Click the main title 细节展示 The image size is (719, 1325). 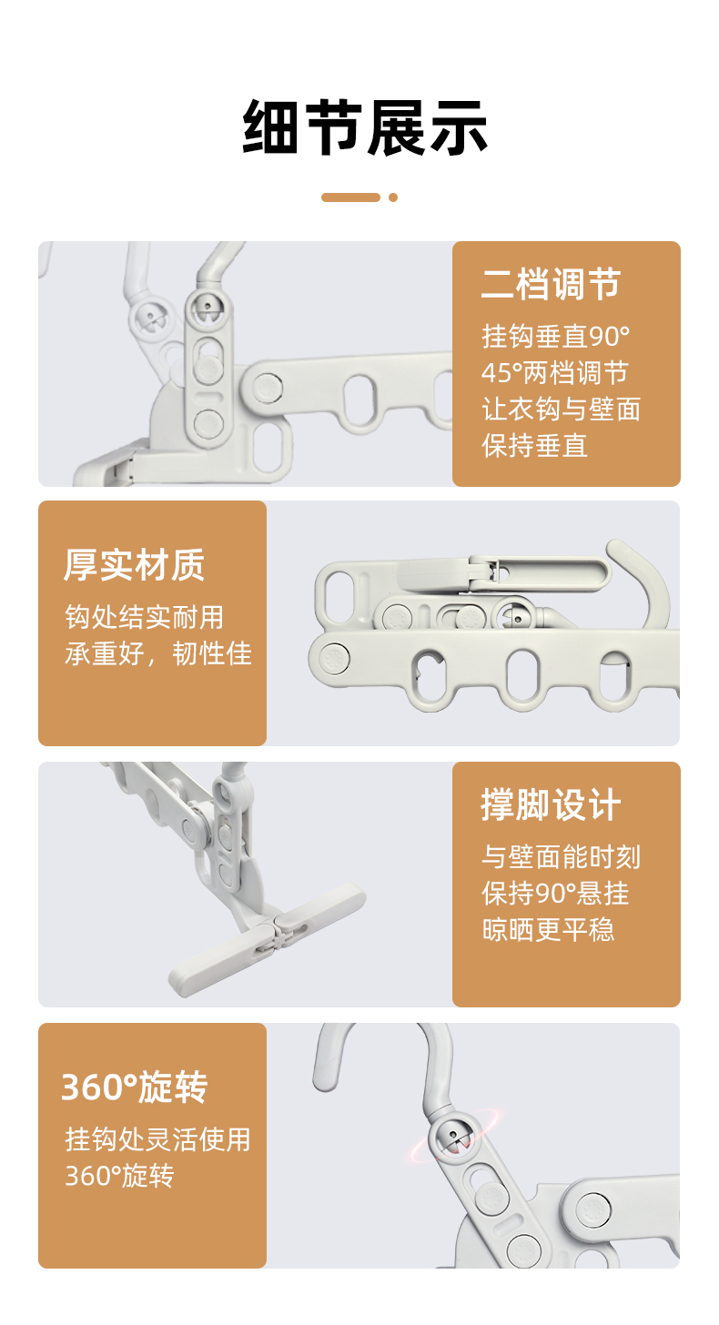(365, 127)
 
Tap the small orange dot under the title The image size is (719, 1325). (393, 197)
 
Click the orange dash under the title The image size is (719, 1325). (350, 197)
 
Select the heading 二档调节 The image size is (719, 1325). (551, 285)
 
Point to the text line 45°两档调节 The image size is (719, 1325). (554, 373)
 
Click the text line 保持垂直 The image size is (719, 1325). (534, 445)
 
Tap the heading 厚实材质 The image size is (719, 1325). (135, 565)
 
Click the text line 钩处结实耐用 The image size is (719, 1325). (145, 617)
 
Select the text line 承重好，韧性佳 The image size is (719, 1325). (157, 653)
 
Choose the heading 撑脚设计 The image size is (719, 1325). (551, 805)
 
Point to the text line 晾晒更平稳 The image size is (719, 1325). (548, 929)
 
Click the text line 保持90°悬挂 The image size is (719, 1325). (555, 893)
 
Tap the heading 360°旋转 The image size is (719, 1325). (135, 1087)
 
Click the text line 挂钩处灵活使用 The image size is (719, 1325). (157, 1139)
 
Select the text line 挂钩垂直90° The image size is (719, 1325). (555, 337)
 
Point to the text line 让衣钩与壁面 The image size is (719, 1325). (561, 409)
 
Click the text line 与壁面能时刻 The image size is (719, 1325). (561, 856)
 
